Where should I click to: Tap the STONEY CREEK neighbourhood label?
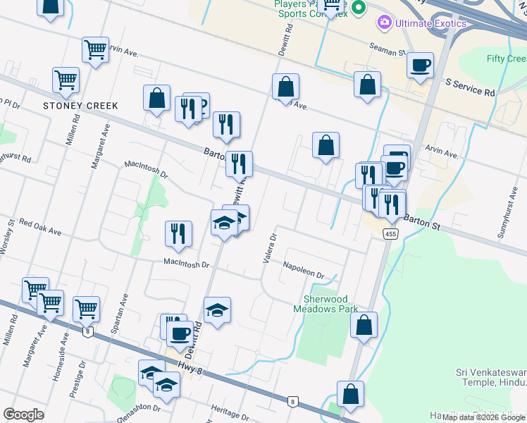80,106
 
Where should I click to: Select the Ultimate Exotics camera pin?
385,23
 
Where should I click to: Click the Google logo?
24,415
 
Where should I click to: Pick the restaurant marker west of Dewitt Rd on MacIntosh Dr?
179,234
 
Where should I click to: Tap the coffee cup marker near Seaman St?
420,66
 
